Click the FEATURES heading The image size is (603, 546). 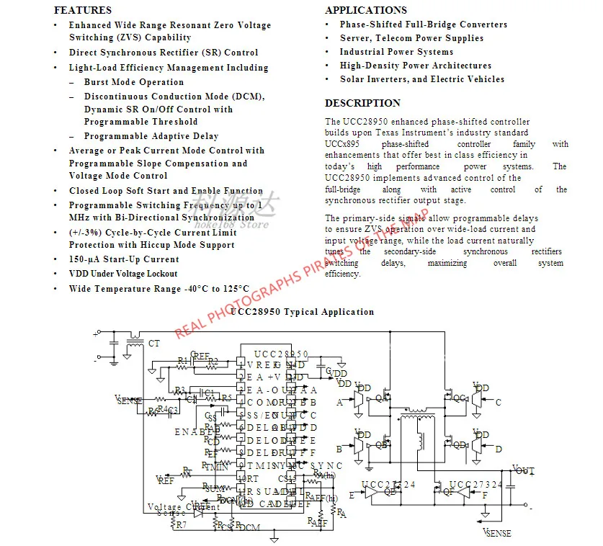pos(83,10)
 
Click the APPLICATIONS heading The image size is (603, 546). pos(365,10)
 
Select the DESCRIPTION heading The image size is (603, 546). pos(362,103)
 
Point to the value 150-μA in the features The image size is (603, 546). pos(85,259)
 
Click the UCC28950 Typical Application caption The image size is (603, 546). pos(303,312)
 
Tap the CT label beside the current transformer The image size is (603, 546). pos(154,344)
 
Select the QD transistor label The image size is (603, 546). pos(459,444)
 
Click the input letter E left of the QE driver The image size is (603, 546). pos(352,496)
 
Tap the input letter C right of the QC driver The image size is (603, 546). pos(498,403)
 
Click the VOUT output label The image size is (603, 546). pos(523,470)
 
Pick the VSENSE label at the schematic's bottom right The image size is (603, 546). pos(497,534)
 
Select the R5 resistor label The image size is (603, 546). pos(226,398)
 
